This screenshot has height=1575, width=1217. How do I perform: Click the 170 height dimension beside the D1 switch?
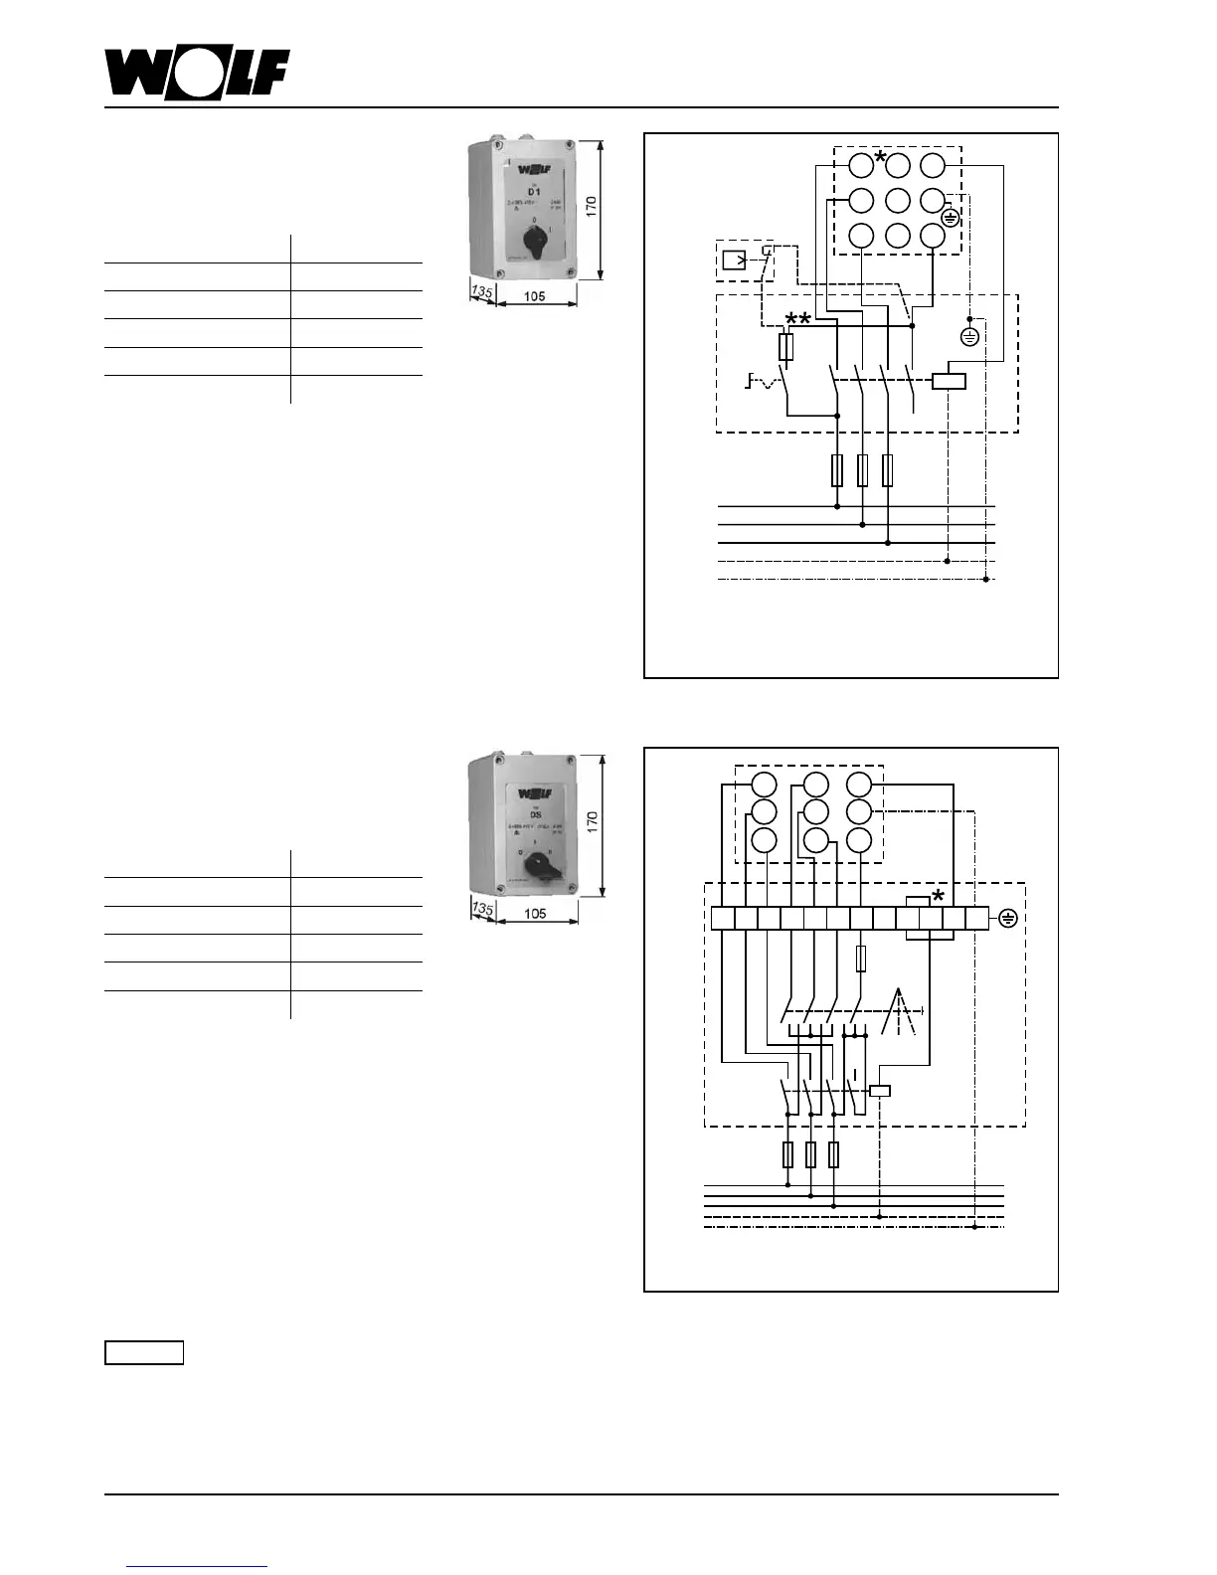(591, 207)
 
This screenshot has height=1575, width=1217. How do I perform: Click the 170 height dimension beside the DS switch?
(592, 821)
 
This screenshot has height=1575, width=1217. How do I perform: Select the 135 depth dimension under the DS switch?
(482, 909)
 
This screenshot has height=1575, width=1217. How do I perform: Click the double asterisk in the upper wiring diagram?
(798, 319)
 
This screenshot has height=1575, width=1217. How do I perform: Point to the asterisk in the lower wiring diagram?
(938, 898)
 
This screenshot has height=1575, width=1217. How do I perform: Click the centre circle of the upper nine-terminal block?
(898, 200)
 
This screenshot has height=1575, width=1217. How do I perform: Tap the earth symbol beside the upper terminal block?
(951, 218)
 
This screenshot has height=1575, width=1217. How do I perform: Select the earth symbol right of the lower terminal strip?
(1007, 918)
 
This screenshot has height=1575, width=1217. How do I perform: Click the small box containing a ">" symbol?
(734, 261)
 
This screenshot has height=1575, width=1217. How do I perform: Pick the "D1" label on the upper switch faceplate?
(534, 191)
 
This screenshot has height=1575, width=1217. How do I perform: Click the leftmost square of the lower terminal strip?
(723, 918)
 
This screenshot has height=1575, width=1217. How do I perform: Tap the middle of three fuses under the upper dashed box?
(862, 470)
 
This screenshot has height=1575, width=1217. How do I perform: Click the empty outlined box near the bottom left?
(144, 1352)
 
